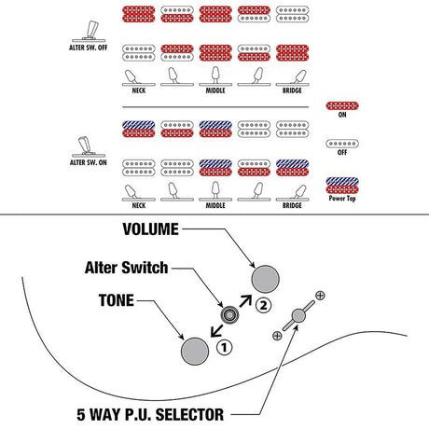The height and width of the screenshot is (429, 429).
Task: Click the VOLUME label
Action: click(x=151, y=229)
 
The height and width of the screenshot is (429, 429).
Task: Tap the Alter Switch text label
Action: click(x=126, y=268)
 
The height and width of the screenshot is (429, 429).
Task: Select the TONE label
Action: click(x=117, y=300)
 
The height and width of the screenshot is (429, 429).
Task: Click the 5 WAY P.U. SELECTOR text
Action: click(x=150, y=415)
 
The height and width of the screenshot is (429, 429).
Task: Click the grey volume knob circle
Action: click(x=265, y=279)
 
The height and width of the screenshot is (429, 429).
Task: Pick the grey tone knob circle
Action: click(x=195, y=352)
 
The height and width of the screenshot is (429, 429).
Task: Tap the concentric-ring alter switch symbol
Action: click(x=229, y=315)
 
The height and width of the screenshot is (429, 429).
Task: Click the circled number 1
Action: click(x=224, y=348)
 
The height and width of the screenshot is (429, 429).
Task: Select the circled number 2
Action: click(x=263, y=305)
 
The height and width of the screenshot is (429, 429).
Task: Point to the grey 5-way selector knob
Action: click(x=298, y=315)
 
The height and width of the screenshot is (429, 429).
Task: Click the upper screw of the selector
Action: click(x=320, y=296)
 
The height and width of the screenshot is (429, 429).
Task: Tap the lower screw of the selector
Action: click(x=277, y=336)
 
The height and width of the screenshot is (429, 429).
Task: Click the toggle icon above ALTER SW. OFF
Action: click(x=90, y=31)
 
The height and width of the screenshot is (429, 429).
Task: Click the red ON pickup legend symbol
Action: click(x=342, y=106)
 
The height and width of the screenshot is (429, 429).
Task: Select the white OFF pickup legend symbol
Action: click(x=342, y=144)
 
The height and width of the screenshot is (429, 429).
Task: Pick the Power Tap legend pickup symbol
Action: click(x=342, y=186)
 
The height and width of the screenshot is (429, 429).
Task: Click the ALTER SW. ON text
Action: click(x=89, y=162)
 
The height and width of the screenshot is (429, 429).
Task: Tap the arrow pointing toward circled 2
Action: click(x=245, y=301)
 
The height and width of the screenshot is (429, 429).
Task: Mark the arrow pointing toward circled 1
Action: click(x=216, y=331)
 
